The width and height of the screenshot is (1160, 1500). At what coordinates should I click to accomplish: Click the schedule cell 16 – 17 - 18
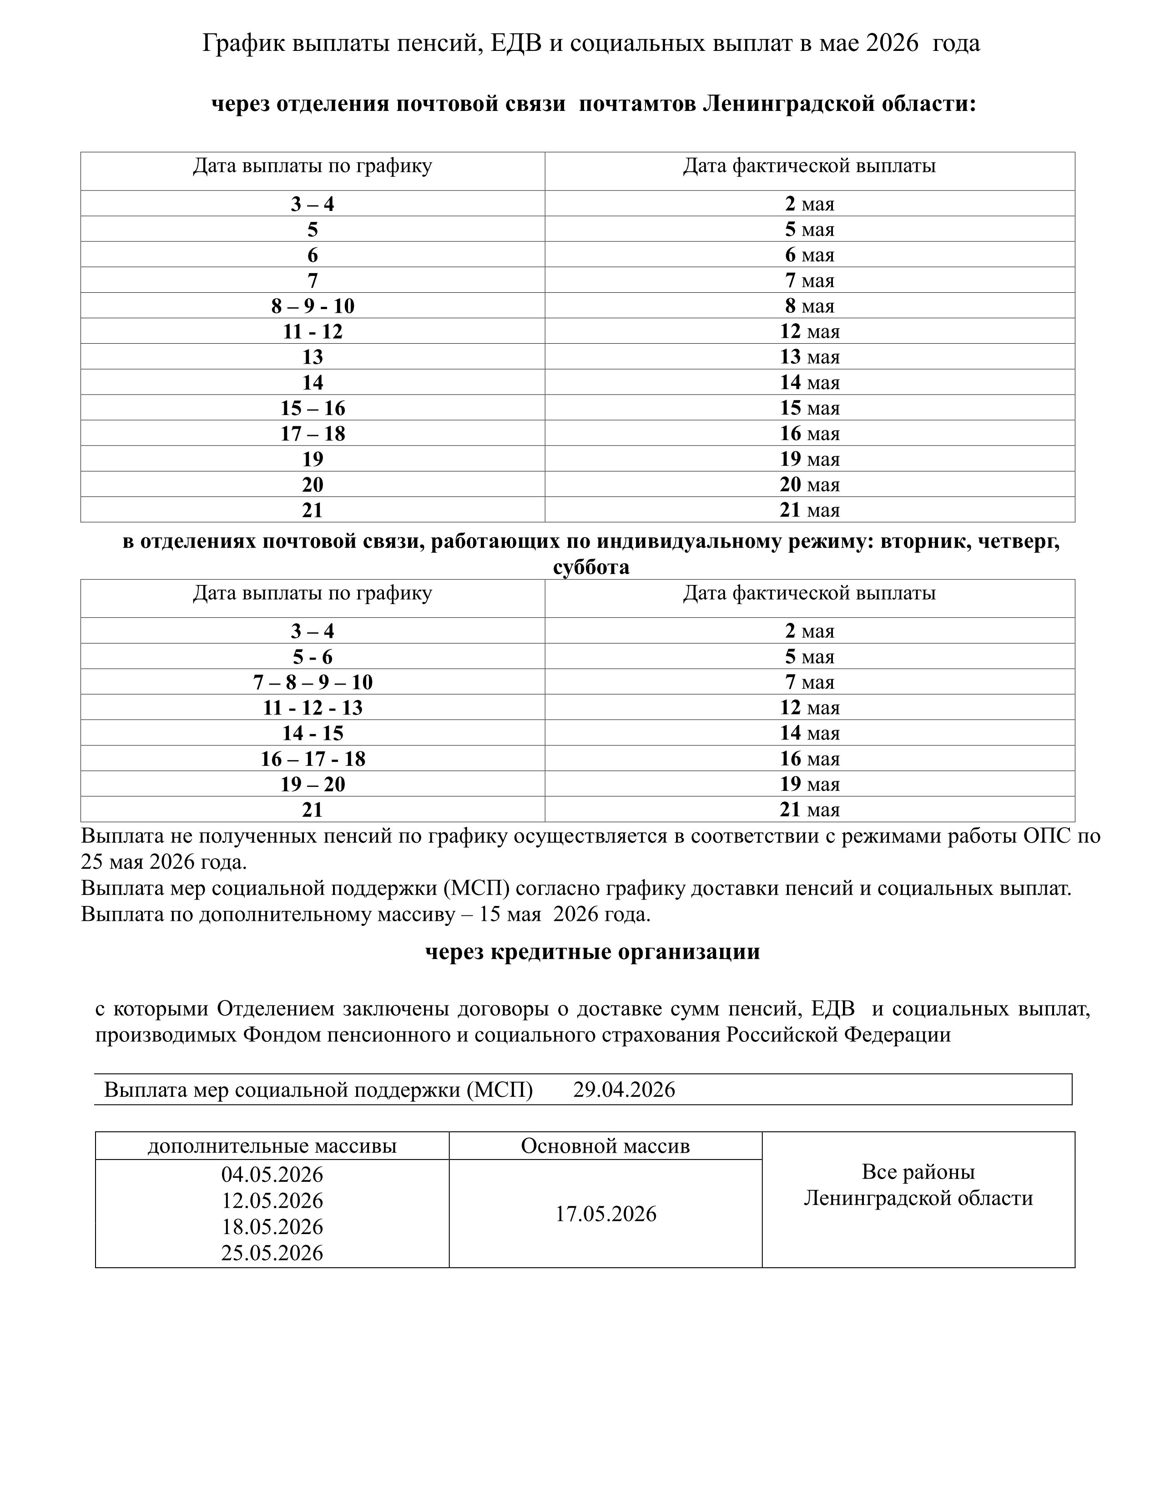coord(313,759)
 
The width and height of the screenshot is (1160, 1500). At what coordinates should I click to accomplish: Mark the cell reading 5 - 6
coord(313,657)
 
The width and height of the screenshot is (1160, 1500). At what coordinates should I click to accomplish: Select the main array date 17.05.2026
coord(605,1214)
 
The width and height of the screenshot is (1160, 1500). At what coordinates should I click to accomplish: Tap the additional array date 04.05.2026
coord(272,1175)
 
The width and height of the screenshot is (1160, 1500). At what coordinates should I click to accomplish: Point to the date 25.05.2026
coord(272,1253)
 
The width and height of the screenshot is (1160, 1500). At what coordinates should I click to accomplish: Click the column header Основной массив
coord(605,1146)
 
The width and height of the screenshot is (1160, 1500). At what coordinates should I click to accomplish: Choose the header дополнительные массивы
coord(272,1146)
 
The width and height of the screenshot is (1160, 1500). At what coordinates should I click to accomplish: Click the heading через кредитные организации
coord(592,952)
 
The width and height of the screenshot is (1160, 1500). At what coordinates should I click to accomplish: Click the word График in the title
coord(244,43)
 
